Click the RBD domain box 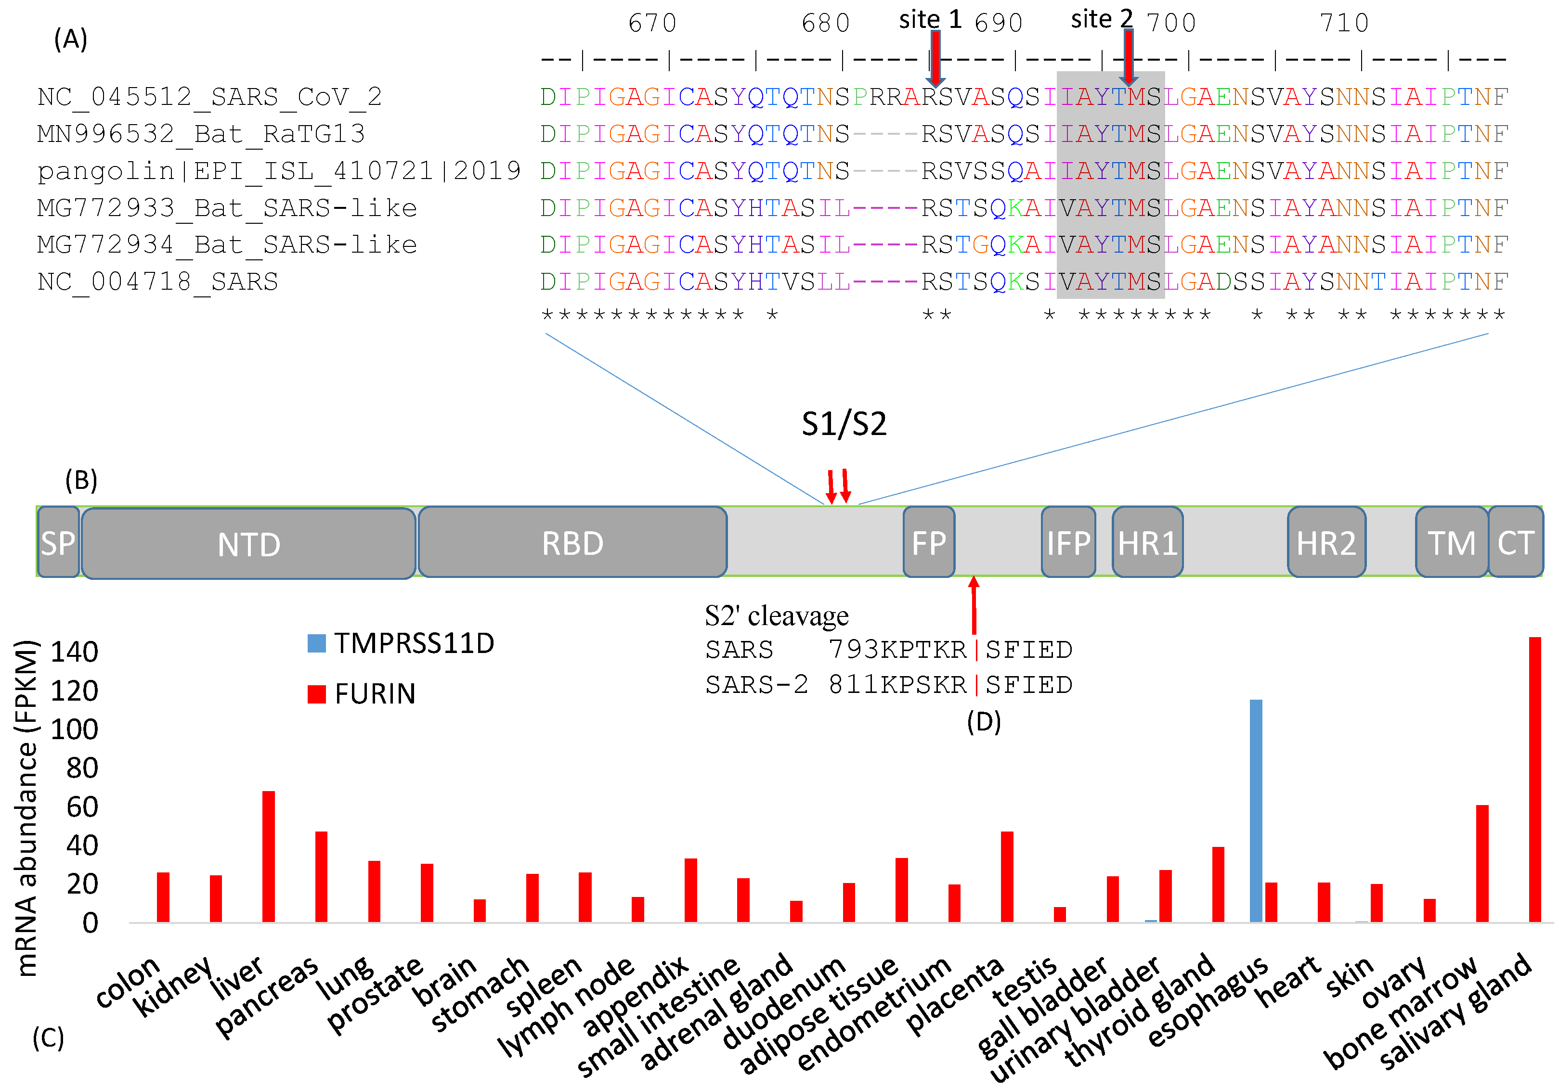click(572, 543)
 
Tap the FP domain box click(928, 543)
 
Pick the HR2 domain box click(1325, 543)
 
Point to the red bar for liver click(268, 857)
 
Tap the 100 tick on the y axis click(75, 730)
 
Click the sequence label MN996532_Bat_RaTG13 click(201, 134)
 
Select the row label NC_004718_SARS click(157, 282)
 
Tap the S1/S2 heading click(844, 424)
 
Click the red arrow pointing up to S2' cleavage click(973, 604)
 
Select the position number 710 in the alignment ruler click(1344, 23)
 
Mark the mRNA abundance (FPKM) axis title click(26, 807)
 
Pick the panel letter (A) click(71, 39)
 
